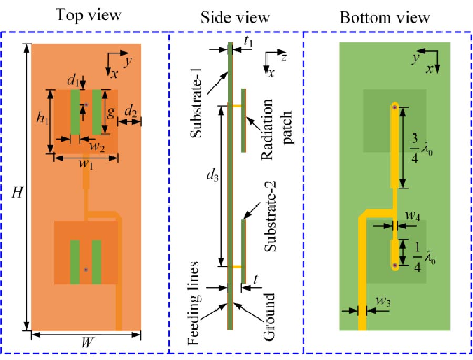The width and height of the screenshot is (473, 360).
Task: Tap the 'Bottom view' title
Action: [385, 17]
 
